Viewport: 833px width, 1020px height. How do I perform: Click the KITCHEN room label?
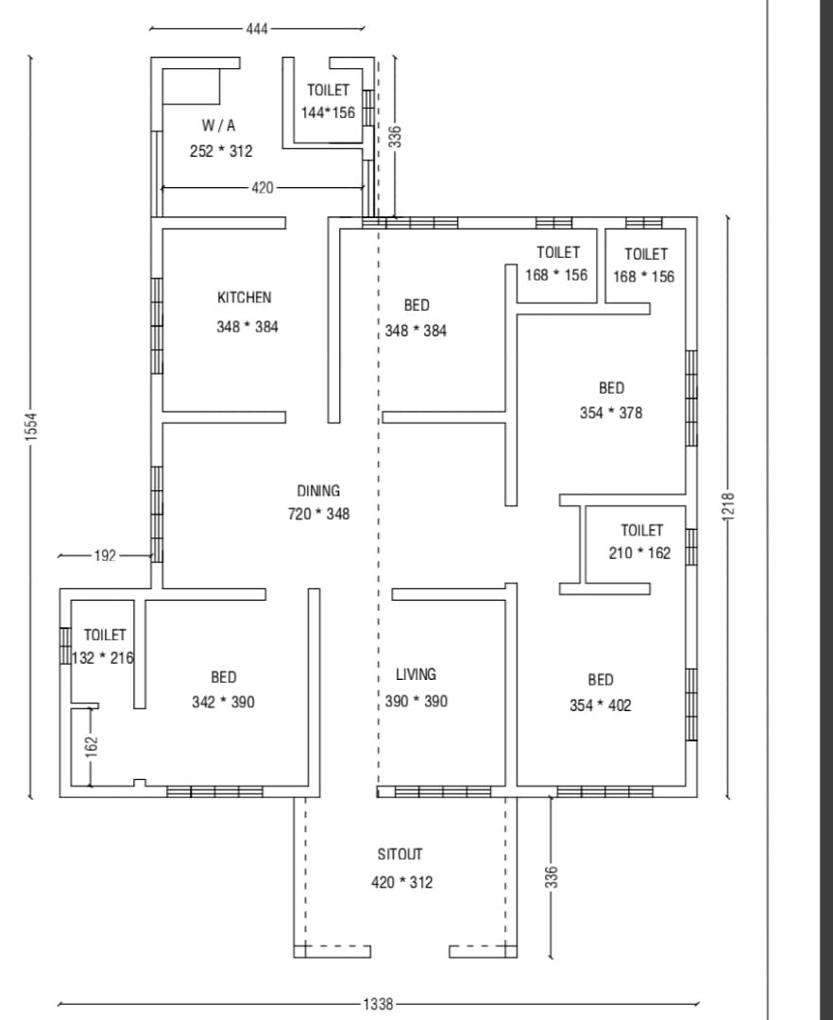[244, 297]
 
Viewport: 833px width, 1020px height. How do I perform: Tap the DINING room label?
[318, 490]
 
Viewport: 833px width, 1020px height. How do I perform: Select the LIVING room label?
[416, 674]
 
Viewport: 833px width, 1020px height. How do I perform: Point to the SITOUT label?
[399, 854]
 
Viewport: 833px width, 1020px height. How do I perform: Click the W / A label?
[218, 126]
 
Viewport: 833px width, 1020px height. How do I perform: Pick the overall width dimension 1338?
[378, 1004]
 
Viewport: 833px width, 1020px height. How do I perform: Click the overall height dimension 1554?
[31, 427]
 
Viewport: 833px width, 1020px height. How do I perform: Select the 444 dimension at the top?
[257, 28]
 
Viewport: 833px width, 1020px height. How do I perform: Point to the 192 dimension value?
[105, 555]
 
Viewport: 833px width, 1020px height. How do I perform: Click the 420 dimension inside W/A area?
[262, 188]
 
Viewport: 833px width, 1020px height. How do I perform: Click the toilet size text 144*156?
[328, 112]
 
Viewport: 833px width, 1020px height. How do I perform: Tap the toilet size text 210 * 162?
[640, 552]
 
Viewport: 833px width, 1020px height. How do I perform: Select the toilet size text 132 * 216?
[103, 657]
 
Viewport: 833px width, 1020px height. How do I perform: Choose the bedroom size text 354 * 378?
[611, 413]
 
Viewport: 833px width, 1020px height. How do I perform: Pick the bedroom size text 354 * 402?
[601, 705]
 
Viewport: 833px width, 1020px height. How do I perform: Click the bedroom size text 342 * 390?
[223, 702]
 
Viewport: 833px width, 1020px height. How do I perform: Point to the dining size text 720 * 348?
[318, 514]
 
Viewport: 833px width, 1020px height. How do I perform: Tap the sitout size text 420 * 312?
[402, 882]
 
